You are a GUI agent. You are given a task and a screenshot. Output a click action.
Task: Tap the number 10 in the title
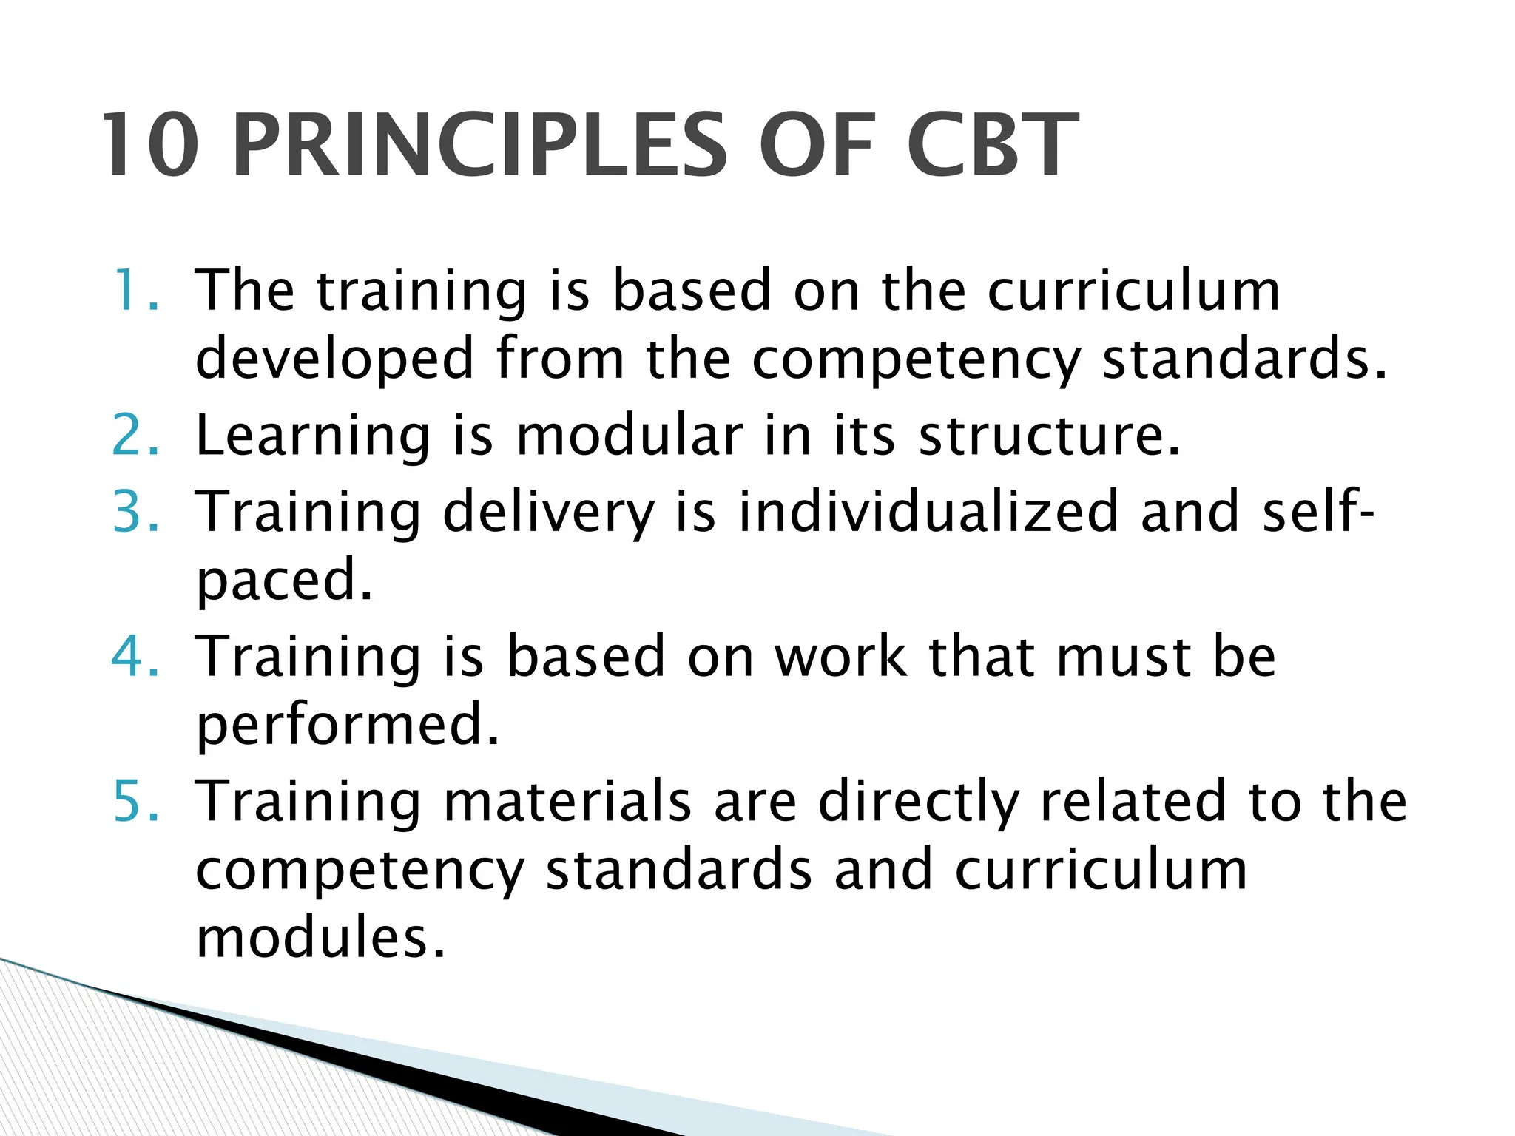151,146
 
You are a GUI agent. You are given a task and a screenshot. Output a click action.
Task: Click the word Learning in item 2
313,436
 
